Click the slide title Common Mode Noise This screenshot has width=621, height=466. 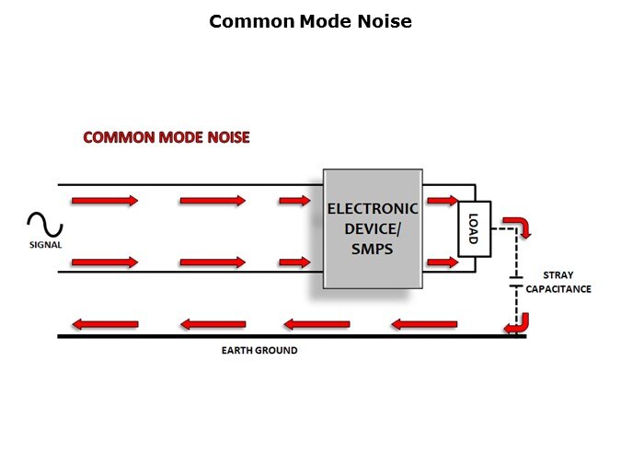point(310,21)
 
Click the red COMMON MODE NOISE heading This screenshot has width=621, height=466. point(167,137)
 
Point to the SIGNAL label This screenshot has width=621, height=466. point(44,245)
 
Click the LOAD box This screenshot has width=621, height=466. point(474,228)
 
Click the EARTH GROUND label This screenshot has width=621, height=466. point(259,351)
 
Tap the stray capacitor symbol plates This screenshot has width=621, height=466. point(513,282)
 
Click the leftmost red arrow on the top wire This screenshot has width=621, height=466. point(104,200)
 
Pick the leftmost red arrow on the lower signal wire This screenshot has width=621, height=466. point(104,262)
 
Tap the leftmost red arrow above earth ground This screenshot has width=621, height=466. point(104,324)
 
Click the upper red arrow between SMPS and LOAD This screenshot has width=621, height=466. point(442,200)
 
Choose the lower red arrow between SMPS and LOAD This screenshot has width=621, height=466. point(442,262)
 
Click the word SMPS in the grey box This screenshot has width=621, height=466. point(373,249)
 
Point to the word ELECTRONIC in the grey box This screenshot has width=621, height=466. point(373,209)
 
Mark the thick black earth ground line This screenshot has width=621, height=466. point(276,337)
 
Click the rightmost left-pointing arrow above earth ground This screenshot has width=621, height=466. point(424,324)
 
